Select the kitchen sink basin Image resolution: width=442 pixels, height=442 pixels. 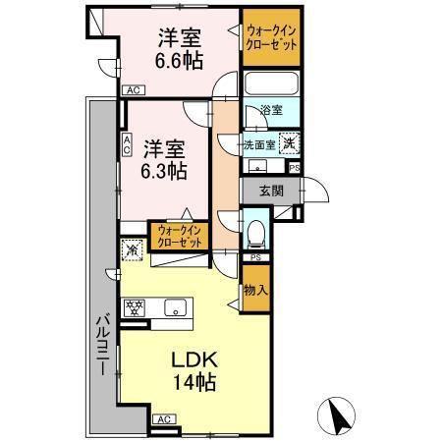click(174, 307)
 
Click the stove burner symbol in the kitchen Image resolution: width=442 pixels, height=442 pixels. click(135, 307)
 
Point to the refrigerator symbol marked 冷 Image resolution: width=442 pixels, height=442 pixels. click(132, 250)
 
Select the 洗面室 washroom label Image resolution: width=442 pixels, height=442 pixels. click(259, 143)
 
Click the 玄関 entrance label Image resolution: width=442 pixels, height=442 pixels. click(271, 192)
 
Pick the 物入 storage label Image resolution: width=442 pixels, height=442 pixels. click(253, 291)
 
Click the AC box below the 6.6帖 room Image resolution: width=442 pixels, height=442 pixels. click(132, 90)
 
